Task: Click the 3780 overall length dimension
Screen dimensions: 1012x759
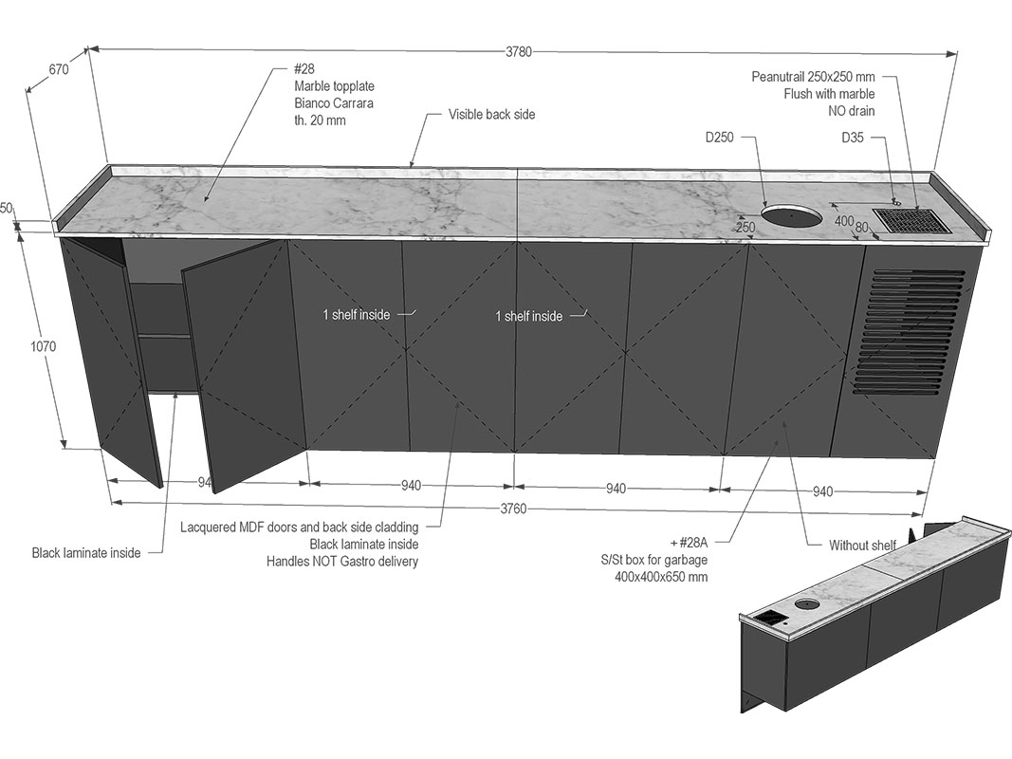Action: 518,51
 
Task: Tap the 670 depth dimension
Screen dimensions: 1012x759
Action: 59,69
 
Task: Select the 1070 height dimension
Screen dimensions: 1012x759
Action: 44,346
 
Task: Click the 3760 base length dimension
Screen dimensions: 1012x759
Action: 514,509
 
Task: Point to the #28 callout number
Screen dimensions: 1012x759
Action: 304,69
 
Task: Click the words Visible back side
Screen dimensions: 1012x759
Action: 492,114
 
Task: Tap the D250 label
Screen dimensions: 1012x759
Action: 720,138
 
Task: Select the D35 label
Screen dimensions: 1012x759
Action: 853,138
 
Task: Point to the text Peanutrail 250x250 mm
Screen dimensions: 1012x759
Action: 813,77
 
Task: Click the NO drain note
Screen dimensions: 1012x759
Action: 852,111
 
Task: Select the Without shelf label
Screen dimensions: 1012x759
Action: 862,546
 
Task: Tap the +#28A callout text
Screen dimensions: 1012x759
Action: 689,543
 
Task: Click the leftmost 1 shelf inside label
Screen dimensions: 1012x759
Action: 357,315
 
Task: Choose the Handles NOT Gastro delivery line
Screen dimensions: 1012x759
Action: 342,562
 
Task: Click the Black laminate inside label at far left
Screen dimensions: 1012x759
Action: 86,553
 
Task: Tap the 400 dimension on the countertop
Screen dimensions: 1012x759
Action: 844,221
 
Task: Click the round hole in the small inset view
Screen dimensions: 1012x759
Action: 807,604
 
